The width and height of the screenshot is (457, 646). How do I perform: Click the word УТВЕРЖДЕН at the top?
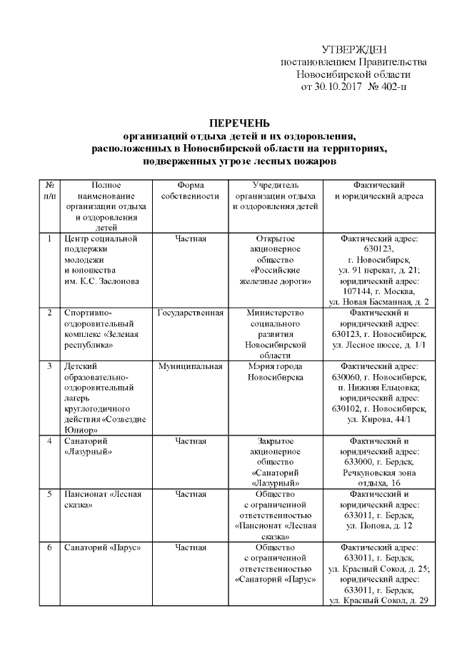tap(354, 49)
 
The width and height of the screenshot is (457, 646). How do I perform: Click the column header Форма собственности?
tap(189, 190)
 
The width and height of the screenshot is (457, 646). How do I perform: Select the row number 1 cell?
tap(49, 238)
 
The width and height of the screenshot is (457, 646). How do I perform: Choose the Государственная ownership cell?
tap(190, 313)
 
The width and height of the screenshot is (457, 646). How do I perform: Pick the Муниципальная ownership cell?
tap(190, 366)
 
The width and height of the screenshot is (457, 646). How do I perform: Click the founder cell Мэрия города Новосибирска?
tap(276, 371)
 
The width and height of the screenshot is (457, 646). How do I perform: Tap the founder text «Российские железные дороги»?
tap(276, 276)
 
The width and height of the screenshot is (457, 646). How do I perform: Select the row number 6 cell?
tap(49, 547)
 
